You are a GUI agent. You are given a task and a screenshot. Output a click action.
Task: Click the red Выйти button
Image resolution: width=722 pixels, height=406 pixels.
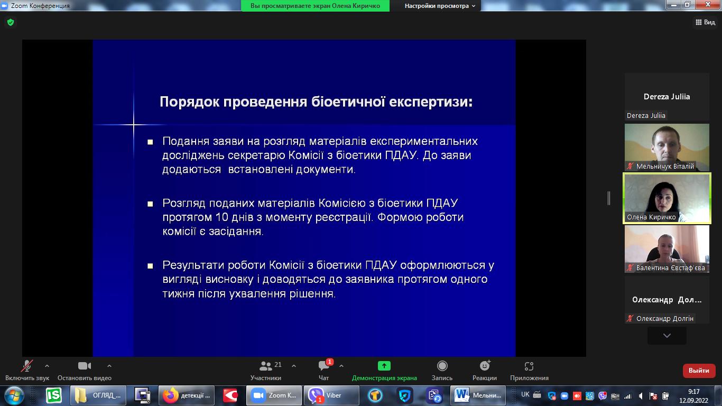coord(699,371)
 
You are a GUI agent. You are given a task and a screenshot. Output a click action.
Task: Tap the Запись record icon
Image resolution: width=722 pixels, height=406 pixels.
coord(442,366)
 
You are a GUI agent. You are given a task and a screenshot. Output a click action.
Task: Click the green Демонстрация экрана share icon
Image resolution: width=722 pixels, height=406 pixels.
coord(384,366)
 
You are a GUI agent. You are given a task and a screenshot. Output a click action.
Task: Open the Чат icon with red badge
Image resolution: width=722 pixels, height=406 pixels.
coord(324,365)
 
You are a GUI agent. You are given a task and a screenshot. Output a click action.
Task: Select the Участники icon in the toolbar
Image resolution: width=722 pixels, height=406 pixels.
coord(265,366)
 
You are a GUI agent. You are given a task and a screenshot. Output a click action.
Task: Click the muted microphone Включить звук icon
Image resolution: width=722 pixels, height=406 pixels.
coord(27,366)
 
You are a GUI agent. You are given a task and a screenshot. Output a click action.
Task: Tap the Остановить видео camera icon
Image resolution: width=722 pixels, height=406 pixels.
coord(85,366)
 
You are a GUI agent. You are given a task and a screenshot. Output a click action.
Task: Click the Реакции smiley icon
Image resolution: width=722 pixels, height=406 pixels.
coord(485,366)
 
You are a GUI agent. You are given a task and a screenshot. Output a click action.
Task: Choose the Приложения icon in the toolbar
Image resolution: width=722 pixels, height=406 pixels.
coord(529,366)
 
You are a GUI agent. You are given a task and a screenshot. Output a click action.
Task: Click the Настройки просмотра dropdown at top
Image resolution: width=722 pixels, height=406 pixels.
coord(440,6)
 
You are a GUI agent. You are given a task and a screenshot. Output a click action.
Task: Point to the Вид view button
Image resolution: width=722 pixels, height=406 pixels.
coord(705,22)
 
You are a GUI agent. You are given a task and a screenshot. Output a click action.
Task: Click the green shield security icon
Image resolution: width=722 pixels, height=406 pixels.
coord(11,22)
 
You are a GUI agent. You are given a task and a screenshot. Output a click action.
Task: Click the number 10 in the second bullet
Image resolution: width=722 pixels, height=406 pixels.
coord(222,217)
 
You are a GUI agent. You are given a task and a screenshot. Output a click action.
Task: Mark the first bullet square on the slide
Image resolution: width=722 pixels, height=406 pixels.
coord(150,142)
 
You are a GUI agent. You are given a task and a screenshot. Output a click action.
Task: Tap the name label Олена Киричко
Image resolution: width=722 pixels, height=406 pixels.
coord(651,217)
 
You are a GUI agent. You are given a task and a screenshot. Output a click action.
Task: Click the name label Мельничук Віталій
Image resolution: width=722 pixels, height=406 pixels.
coord(665,167)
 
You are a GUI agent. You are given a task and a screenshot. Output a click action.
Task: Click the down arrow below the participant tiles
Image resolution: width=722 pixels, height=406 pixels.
coord(667,336)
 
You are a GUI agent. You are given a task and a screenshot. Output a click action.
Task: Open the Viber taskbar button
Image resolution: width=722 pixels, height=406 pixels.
coord(331,395)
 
